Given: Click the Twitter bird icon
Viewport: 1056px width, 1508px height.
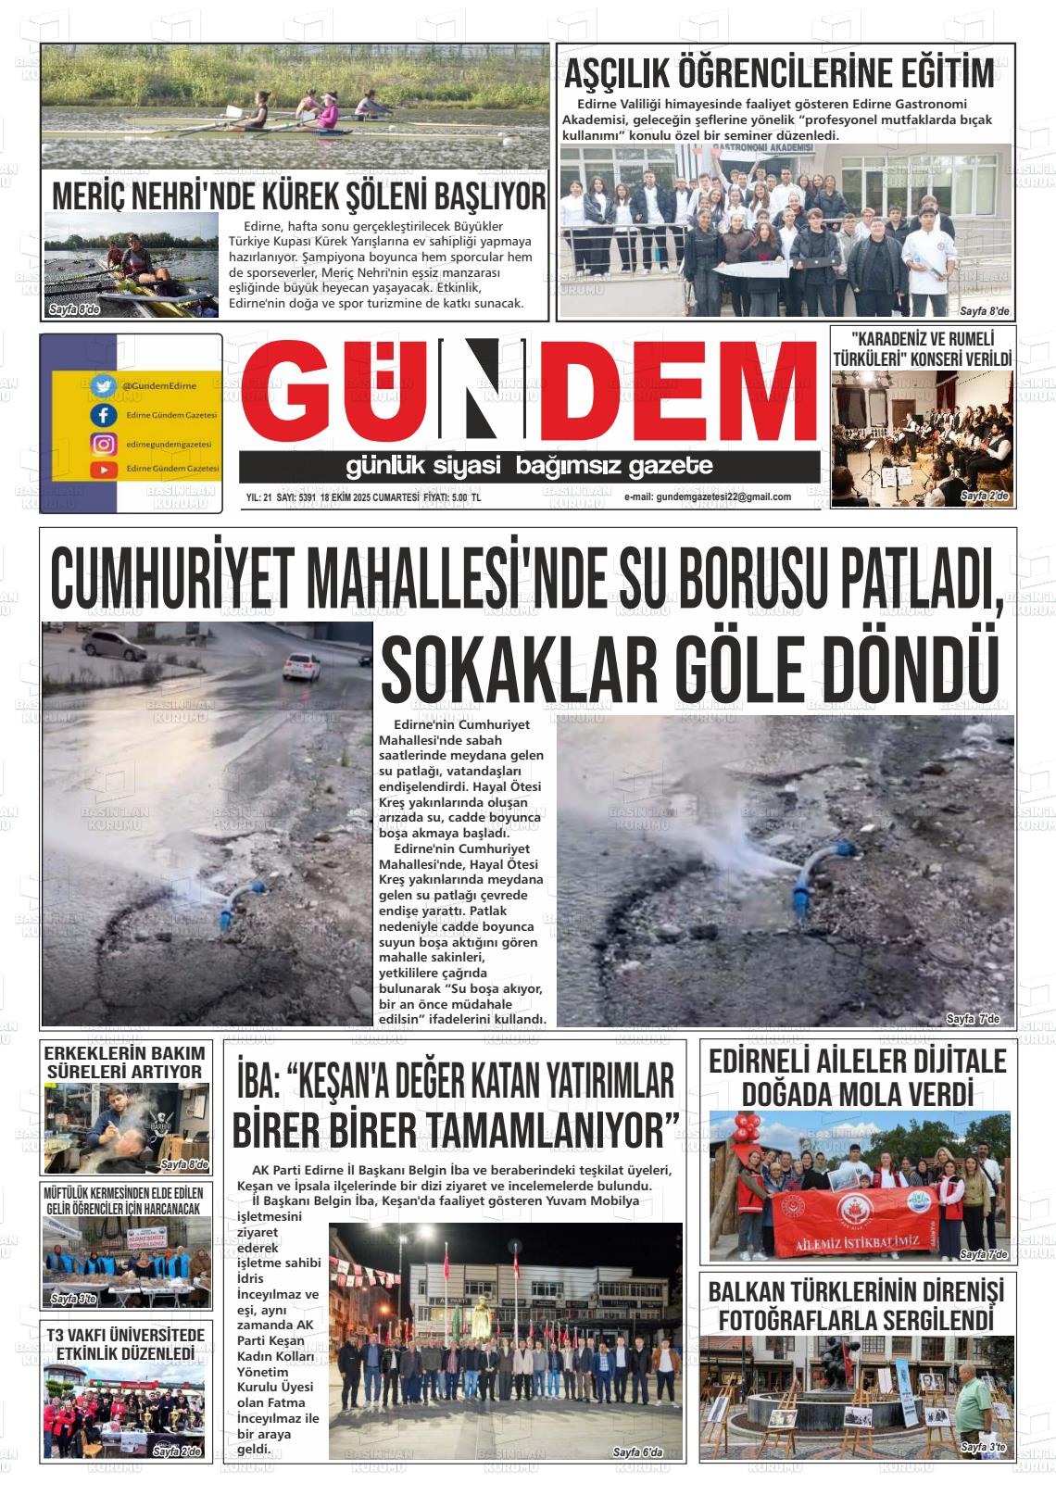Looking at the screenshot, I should point(103,385).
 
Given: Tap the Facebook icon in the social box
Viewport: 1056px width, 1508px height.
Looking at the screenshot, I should point(103,415).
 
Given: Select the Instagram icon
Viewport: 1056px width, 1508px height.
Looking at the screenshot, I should point(103,444).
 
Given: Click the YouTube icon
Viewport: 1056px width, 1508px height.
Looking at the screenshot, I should point(103,470).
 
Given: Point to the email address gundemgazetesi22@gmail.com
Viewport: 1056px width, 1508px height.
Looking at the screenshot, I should point(708,496).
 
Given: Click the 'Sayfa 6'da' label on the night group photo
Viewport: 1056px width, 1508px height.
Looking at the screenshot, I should point(638,1452).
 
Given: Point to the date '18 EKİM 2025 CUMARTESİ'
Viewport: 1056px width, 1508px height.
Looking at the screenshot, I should point(371,497).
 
